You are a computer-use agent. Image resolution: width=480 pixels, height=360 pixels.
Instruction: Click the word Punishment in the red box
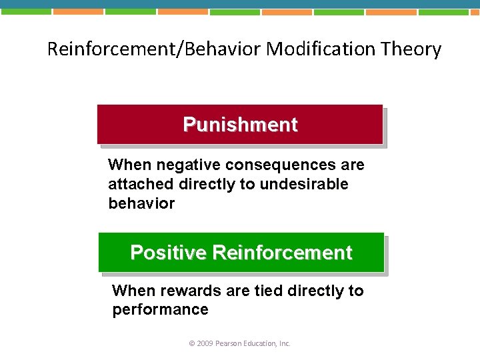click(240, 125)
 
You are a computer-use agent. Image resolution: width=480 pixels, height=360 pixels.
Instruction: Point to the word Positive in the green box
click(168, 253)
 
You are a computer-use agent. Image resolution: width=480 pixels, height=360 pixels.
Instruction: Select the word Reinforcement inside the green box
click(282, 253)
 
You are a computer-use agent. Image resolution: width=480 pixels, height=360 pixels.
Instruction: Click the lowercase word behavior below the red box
click(141, 203)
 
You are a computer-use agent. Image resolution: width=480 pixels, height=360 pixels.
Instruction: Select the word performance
click(160, 309)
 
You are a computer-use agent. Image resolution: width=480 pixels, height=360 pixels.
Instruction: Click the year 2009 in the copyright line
click(205, 343)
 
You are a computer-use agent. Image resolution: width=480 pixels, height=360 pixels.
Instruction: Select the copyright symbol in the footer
click(192, 343)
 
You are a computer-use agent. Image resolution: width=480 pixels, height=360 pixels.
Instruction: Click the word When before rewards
click(132, 291)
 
